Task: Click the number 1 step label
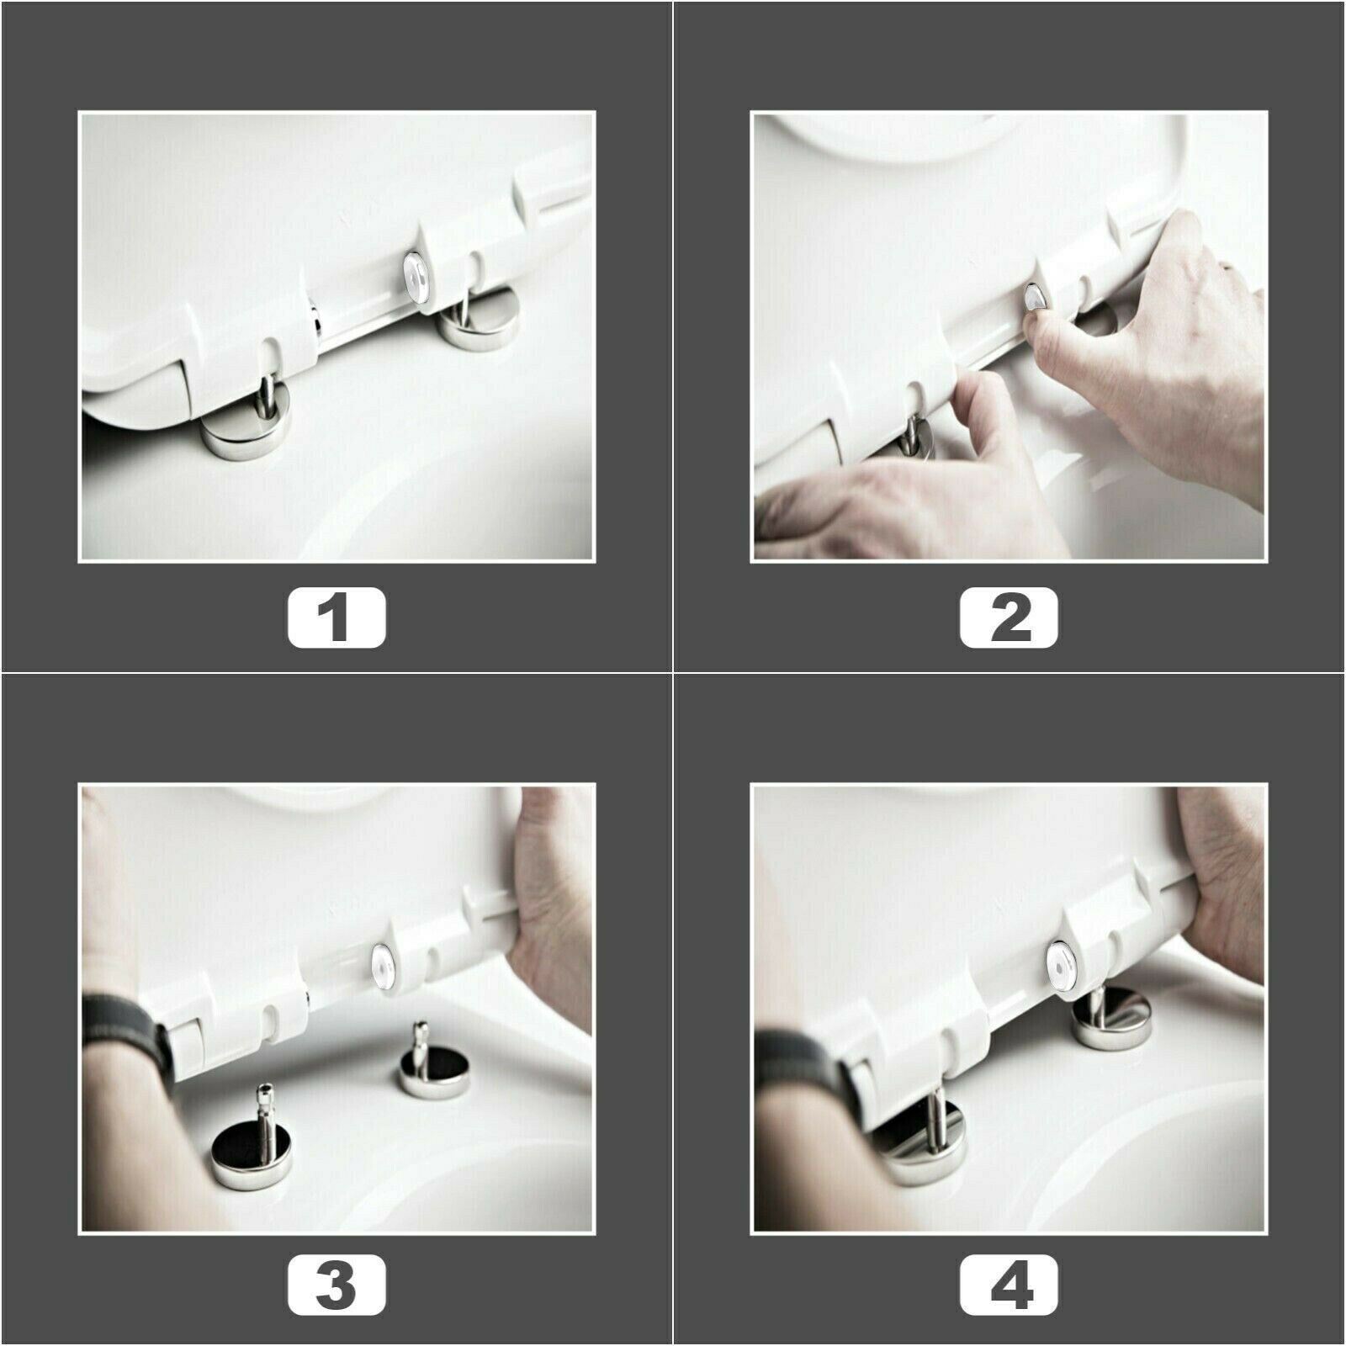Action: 336,617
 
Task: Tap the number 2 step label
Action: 1009,617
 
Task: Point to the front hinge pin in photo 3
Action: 268,1107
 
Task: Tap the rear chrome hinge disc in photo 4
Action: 1110,1018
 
